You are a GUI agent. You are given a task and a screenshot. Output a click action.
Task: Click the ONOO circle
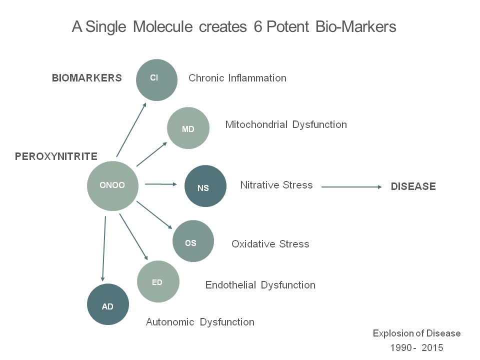pos(112,185)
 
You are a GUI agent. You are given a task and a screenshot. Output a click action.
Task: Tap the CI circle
pos(156,79)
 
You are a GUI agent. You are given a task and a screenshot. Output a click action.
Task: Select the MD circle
pos(188,128)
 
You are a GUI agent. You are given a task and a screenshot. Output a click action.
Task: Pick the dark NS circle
pos(205,186)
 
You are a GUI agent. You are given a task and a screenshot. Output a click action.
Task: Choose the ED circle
pos(158,281)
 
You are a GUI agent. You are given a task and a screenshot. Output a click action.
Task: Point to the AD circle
pos(108,304)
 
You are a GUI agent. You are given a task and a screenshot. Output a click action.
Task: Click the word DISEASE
pos(413,186)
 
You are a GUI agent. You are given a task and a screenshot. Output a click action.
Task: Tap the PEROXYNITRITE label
pos(56,156)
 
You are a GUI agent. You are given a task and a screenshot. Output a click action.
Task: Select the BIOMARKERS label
pos(87,78)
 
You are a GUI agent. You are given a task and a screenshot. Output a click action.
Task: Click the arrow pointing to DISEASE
pos(351,186)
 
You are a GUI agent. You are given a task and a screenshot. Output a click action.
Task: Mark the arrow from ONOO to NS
pos(161,184)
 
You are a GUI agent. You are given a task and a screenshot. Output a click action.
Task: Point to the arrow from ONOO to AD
pos(104,247)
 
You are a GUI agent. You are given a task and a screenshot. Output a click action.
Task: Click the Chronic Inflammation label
pos(237,78)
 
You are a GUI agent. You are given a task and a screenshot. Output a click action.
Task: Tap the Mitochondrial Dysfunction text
pos(286,124)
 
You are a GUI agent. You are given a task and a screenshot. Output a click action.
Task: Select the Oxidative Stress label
pos(270,244)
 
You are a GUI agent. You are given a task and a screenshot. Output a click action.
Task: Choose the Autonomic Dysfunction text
pos(200,322)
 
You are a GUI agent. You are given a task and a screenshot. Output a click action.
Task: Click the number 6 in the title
pos(257,27)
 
